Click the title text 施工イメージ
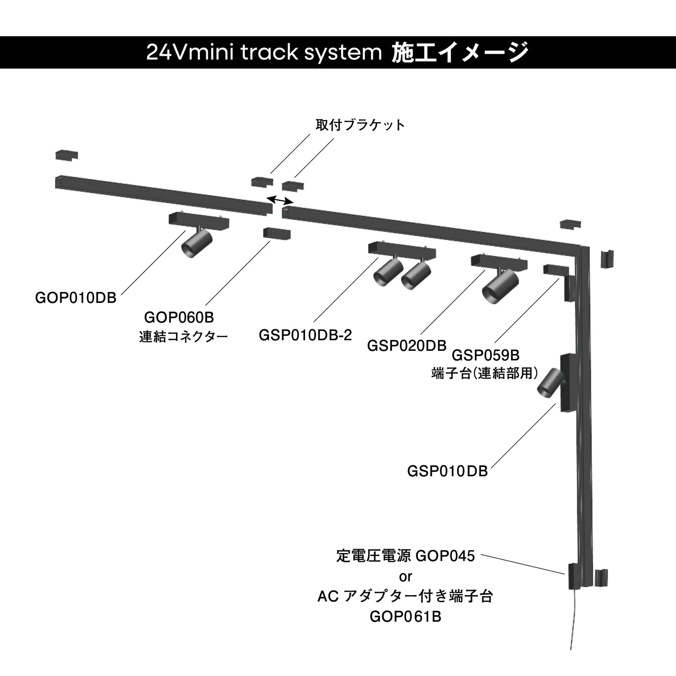click(460, 52)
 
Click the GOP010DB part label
click(76, 298)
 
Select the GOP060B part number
click(179, 317)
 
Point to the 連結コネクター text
click(183, 336)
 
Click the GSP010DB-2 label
click(305, 335)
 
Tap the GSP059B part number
click(486, 355)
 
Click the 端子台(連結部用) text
click(485, 373)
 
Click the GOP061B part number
click(406, 617)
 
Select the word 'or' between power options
click(406, 576)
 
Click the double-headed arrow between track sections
click(279, 200)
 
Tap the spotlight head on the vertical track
click(548, 382)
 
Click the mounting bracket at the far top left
click(66, 155)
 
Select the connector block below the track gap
click(277, 233)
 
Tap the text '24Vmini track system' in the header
click(264, 52)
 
